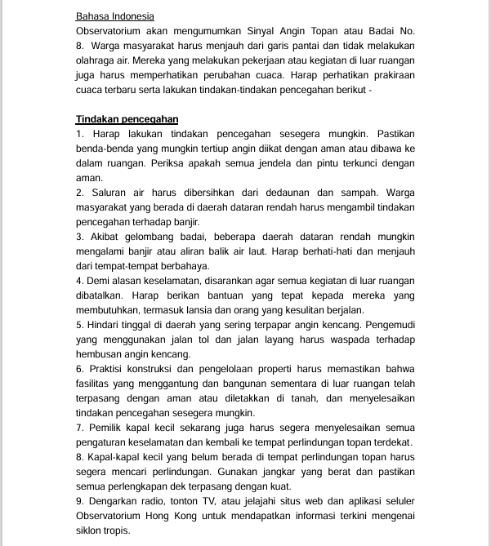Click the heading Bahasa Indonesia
click(x=114, y=16)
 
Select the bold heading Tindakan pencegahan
click(x=127, y=119)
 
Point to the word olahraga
click(x=96, y=60)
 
